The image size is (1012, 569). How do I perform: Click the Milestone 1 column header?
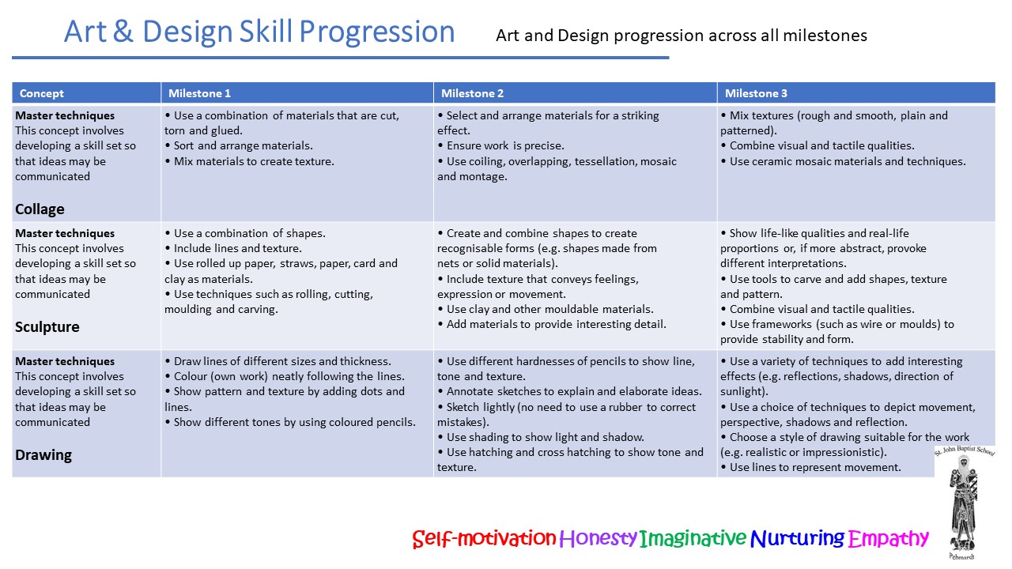point(199,93)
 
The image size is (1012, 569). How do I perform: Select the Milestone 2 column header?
point(472,93)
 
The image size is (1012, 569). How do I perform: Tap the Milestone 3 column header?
point(756,93)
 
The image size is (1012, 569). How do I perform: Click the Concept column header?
point(42,93)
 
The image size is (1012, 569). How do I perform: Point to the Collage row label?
point(40,209)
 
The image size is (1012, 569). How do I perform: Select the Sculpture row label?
point(47,326)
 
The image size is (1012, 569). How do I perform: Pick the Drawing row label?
point(43,454)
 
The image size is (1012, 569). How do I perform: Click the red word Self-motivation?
point(484,538)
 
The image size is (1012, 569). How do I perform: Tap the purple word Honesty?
point(599,538)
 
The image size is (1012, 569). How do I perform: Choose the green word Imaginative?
point(693,538)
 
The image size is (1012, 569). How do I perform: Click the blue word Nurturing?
point(798,538)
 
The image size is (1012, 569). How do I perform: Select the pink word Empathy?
point(888,538)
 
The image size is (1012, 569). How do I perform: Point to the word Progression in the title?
point(377,32)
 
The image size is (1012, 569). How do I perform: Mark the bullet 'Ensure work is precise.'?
point(500,146)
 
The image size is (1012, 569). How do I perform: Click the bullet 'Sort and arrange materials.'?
point(239,146)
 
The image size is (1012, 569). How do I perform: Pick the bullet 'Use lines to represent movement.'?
point(810,467)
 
